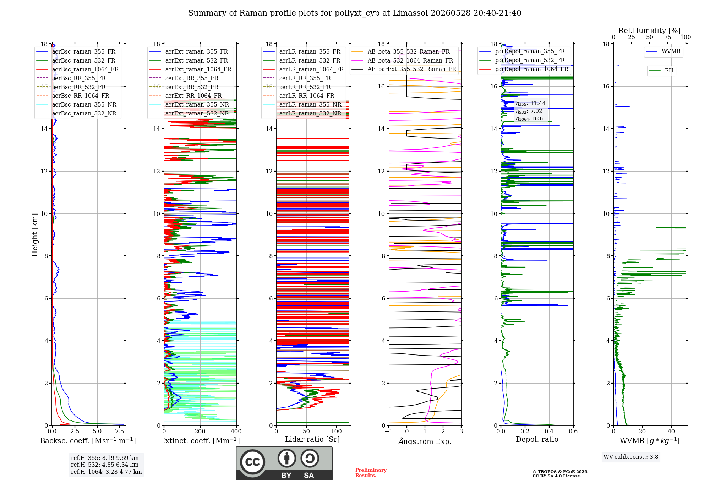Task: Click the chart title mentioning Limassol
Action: pyautogui.click(x=355, y=13)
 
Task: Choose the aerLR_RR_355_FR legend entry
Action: pyautogui.click(x=297, y=78)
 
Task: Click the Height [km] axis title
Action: pyautogui.click(x=35, y=235)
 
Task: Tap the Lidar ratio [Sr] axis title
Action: pyautogui.click(x=312, y=439)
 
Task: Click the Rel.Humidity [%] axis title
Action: pyautogui.click(x=650, y=31)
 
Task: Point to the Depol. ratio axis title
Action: pyautogui.click(x=537, y=439)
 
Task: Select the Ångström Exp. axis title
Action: pyautogui.click(x=425, y=441)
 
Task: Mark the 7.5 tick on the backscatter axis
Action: pyautogui.click(x=120, y=432)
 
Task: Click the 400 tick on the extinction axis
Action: pyautogui.click(x=236, y=432)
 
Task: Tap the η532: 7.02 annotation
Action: pyautogui.click(x=529, y=111)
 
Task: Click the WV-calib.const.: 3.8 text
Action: pyautogui.click(x=631, y=457)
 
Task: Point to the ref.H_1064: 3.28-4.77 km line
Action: pyautogui.click(x=106, y=472)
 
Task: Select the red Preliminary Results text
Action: pyautogui.click(x=371, y=473)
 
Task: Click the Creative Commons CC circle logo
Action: pyautogui.click(x=253, y=462)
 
